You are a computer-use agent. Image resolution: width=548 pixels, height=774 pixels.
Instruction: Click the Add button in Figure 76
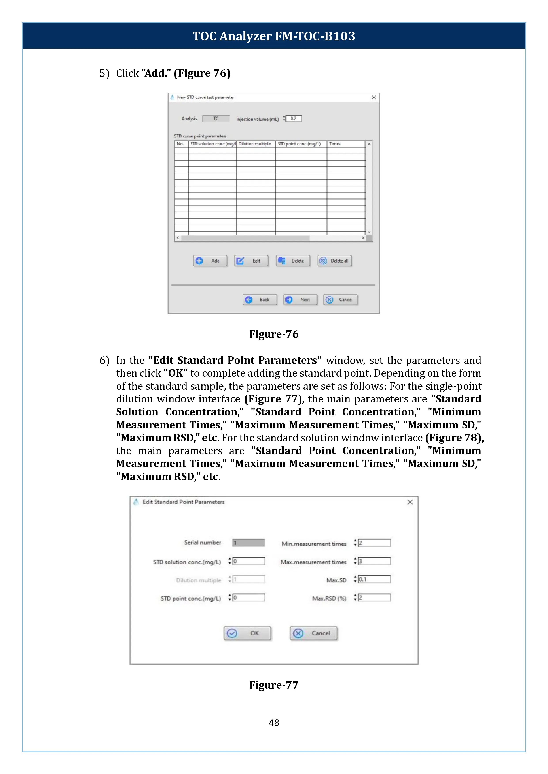(210, 261)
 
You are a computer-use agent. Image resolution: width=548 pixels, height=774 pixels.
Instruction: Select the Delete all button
(334, 261)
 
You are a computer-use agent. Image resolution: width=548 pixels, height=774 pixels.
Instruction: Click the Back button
(260, 299)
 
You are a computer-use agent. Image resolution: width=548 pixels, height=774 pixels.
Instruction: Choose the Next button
(300, 299)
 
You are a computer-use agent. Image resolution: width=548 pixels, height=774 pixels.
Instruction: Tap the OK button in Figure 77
(247, 633)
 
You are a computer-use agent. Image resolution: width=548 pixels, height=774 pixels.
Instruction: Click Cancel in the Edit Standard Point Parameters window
(313, 633)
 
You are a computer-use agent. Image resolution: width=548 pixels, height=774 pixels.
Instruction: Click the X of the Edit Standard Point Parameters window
(410, 502)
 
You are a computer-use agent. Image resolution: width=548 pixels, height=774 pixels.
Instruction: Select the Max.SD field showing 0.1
(374, 579)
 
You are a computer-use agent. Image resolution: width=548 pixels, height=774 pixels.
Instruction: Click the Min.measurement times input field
(374, 543)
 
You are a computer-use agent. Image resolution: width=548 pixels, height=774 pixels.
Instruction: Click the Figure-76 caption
(274, 334)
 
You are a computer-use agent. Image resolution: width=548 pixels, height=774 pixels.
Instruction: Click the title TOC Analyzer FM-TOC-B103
(274, 36)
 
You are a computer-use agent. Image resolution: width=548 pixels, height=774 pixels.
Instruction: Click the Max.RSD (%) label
(329, 598)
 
